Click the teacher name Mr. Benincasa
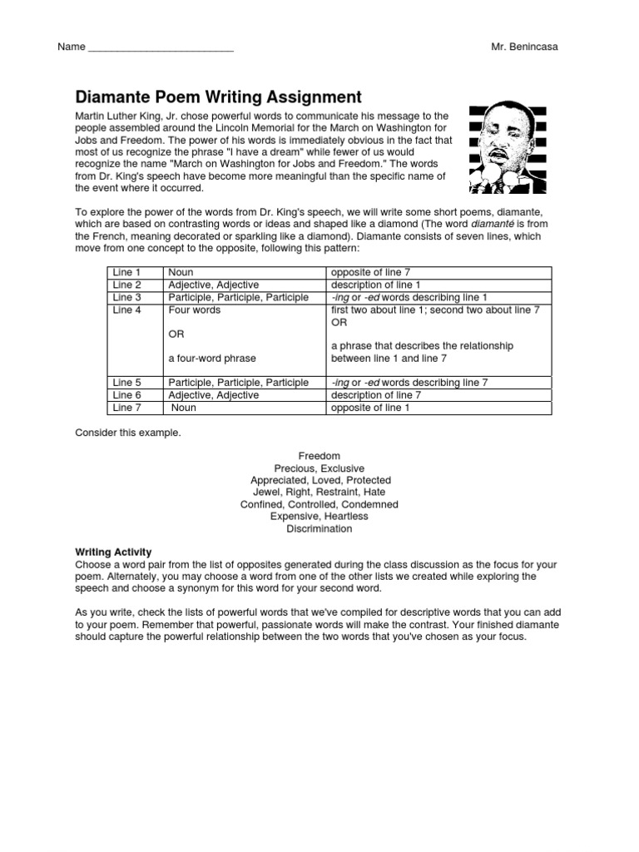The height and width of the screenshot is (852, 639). (524, 47)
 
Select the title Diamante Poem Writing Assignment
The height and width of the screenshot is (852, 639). (219, 97)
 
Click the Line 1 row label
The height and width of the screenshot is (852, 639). (126, 273)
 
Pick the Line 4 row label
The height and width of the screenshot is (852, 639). (126, 310)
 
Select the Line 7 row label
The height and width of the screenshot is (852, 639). (126, 408)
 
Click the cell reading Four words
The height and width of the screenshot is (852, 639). (194, 310)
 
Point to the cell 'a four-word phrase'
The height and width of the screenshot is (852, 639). (212, 358)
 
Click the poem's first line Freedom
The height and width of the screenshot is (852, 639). (319, 456)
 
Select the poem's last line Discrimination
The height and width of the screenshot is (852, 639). (319, 528)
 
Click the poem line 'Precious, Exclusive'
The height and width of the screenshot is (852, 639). (319, 468)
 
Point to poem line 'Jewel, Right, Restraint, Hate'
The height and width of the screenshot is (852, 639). (319, 493)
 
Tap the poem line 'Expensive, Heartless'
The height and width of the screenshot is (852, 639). (319, 517)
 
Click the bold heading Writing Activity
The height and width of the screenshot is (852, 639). (114, 552)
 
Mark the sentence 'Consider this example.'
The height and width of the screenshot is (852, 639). (127, 433)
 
